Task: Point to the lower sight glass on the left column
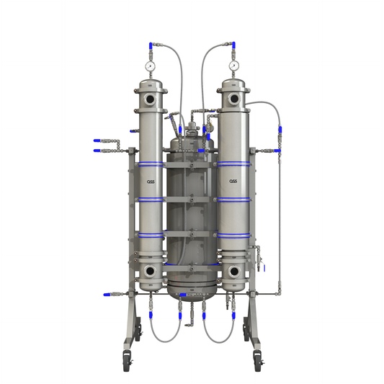pyautogui.click(x=149, y=271)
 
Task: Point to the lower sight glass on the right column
pyautogui.click(x=234, y=271)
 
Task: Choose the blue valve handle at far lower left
pyautogui.click(x=107, y=295)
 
